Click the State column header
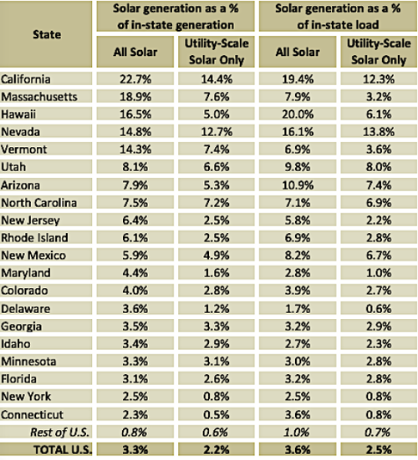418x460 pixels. coord(47,34)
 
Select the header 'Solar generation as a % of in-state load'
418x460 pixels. coord(338,17)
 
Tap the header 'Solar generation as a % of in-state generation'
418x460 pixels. coord(176,17)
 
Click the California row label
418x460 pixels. coord(26,79)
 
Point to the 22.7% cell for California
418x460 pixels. coord(135,79)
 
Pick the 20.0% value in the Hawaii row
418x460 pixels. coord(298,114)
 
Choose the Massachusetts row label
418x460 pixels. coord(39,97)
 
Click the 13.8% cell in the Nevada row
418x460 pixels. coord(379,132)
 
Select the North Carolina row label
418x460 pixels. coord(38,203)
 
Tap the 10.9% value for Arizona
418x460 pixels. coord(298,185)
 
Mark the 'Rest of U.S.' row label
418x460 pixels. coord(59,432)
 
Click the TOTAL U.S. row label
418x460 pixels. coord(63,450)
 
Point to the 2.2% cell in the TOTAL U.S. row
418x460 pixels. coord(217,450)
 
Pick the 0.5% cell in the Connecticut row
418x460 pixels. coord(217,415)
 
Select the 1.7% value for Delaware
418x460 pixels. coord(298,309)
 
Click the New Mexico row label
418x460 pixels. coord(33,255)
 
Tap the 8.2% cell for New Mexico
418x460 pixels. coord(298,255)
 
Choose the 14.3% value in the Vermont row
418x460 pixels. coord(135,149)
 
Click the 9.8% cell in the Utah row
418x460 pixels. coord(298,167)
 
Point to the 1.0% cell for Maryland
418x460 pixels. coord(379,273)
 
